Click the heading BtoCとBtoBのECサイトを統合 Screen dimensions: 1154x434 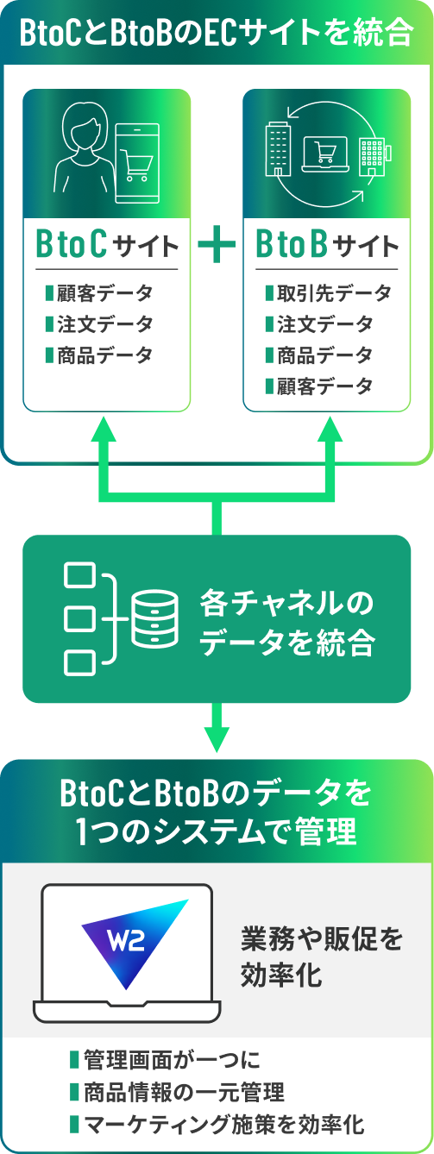tap(217, 34)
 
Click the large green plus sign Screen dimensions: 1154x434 tap(217, 246)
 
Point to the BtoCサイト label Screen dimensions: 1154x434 tap(106, 246)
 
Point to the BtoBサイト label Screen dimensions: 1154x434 tap(327, 246)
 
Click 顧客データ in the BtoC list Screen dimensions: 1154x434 tap(104, 293)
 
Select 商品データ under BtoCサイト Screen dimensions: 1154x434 tap(104, 354)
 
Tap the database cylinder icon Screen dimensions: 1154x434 tap(154, 618)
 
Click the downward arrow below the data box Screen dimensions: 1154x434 tap(217, 735)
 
